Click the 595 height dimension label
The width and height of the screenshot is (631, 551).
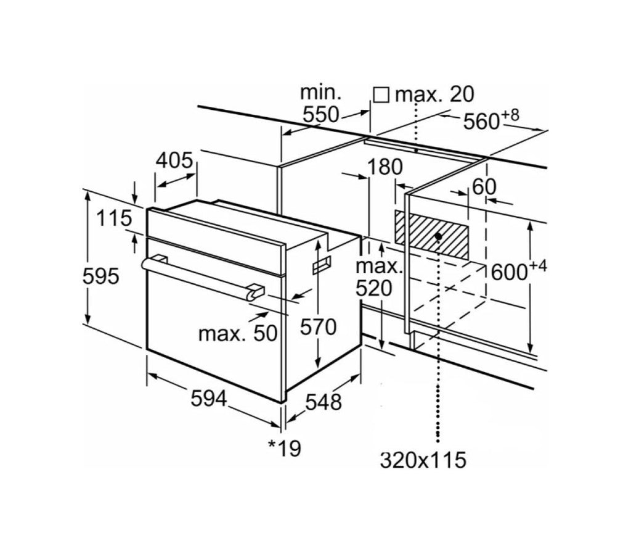pos(100,276)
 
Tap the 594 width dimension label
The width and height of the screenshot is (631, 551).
pos(209,399)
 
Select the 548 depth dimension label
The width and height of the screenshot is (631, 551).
pos(323,402)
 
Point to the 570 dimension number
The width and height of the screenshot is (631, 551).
pos(318,326)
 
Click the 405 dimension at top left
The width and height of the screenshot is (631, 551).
pos(174,160)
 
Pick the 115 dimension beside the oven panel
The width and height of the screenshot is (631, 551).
pos(114,218)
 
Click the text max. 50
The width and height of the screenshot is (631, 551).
pos(238,334)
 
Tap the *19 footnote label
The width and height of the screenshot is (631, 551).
pos(285,448)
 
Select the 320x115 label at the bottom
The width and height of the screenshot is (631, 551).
pos(423,460)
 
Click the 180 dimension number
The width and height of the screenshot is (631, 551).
pos(385,167)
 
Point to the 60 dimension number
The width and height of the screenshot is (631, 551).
pos(484,186)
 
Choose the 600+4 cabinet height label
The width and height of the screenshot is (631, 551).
pos(519,271)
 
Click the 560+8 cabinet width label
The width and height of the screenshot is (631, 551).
pos(491,120)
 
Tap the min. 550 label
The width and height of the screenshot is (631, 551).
pos(321,104)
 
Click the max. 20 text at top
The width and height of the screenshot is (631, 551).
pos(434,95)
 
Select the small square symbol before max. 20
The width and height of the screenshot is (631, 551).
pos(381,95)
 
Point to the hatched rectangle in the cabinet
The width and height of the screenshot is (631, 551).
pos(431,236)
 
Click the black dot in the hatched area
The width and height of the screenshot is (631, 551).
pos(438,236)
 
